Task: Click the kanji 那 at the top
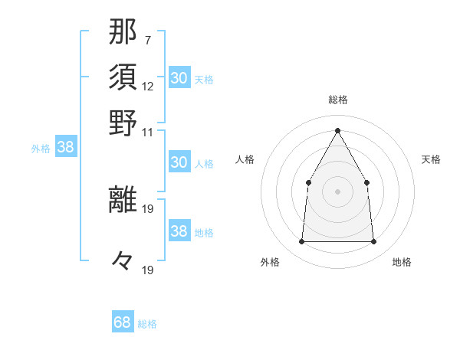click(x=123, y=31)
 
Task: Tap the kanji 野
click(x=123, y=122)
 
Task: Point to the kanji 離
click(x=123, y=198)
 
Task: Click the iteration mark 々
click(x=123, y=260)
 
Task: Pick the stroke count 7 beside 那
click(x=147, y=39)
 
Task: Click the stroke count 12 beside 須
click(x=148, y=85)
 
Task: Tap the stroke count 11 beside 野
click(x=148, y=131)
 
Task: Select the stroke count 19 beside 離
click(x=148, y=208)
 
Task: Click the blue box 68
click(x=123, y=322)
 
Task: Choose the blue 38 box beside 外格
click(x=65, y=148)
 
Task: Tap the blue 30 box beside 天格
click(x=179, y=78)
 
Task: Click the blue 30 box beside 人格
click(x=179, y=162)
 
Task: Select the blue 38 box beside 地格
click(x=179, y=232)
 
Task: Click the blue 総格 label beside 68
click(x=147, y=324)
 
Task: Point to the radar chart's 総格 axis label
click(x=337, y=100)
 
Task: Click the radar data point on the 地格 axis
click(x=373, y=242)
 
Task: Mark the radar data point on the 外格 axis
click(x=301, y=242)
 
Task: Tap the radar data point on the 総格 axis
click(x=337, y=130)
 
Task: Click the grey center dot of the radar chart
click(x=337, y=191)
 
